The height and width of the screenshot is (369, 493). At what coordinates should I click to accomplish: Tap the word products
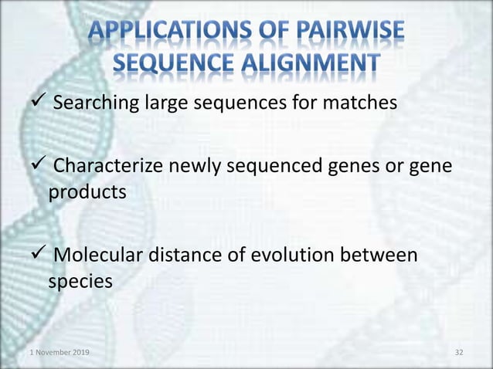coord(87,192)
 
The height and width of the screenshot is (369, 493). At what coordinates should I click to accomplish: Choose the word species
coord(80,283)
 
